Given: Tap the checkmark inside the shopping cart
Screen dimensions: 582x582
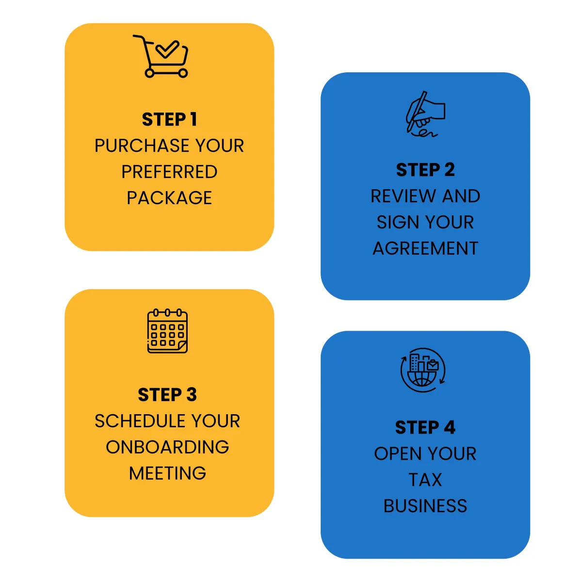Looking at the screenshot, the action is pos(167,49).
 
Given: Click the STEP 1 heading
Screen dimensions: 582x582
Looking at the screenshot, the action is pos(169,119).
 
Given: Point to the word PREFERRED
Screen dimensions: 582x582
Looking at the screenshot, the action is pos(169,172).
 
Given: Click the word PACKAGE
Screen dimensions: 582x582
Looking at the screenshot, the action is pos(169,198).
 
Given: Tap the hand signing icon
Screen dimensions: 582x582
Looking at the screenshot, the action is pos(425,114).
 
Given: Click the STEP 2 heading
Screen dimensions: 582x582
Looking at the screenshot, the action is pos(425,170).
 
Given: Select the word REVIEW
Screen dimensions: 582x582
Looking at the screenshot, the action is pos(403,196).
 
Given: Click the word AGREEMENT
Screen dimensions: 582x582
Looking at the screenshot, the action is pos(425,248).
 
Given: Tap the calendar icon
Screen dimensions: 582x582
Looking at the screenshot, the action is pos(167,331).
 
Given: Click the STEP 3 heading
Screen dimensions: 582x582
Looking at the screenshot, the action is pos(167,395).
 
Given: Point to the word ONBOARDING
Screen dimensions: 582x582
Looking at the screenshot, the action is pos(167,447).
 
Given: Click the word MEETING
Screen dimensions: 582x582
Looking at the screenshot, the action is pos(167,473).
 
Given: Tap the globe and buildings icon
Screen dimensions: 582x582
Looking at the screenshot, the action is pos(423,370).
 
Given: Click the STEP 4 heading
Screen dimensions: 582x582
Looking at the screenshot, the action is pos(425,428).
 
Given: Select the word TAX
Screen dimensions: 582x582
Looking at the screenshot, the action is pos(425,480).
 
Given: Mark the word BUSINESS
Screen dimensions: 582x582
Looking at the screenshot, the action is pos(425,506).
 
